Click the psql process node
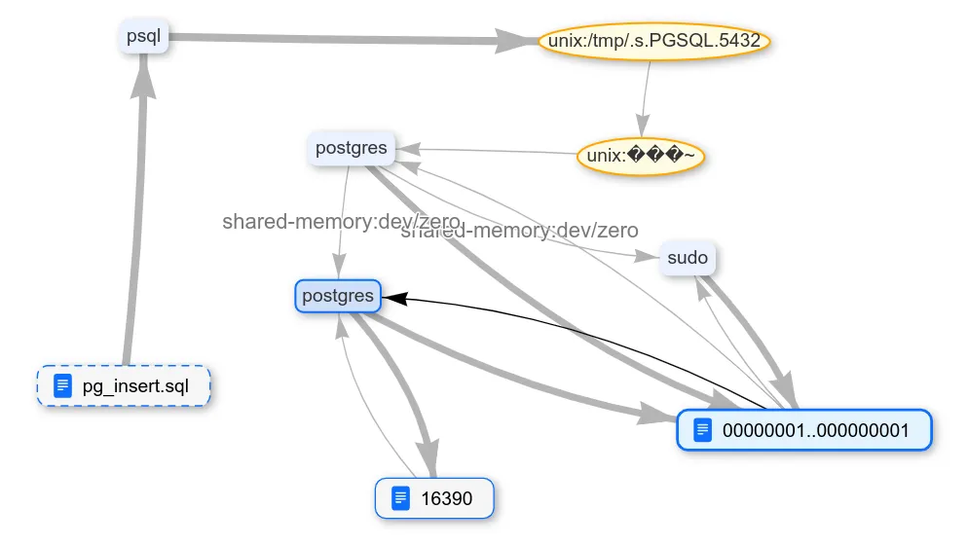(143, 38)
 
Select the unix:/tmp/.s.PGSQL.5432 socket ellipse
(654, 42)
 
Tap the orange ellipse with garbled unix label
(640, 156)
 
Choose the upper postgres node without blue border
(351, 149)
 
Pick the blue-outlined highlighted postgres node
(337, 297)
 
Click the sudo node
(687, 258)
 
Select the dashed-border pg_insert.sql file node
(124, 386)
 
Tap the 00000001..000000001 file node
(803, 430)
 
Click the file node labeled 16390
(434, 499)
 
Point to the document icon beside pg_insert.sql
(63, 386)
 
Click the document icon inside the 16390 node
(399, 499)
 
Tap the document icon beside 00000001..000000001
(702, 430)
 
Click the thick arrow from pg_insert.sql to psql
(135, 224)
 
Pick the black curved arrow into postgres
(584, 331)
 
